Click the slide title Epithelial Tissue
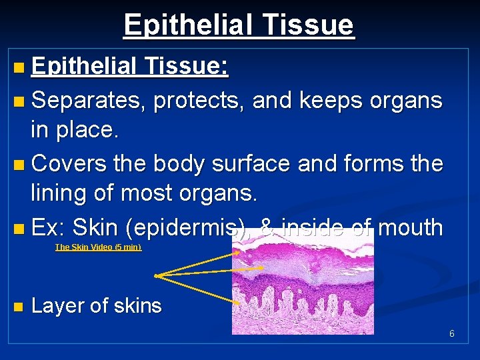pyautogui.click(x=239, y=25)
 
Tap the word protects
pyautogui.click(x=200, y=100)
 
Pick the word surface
pyautogui.click(x=257, y=163)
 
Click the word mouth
pyautogui.click(x=409, y=227)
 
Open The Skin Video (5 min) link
pyautogui.click(x=98, y=247)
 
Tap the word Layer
pyautogui.click(x=57, y=306)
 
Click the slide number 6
pyautogui.click(x=451, y=333)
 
